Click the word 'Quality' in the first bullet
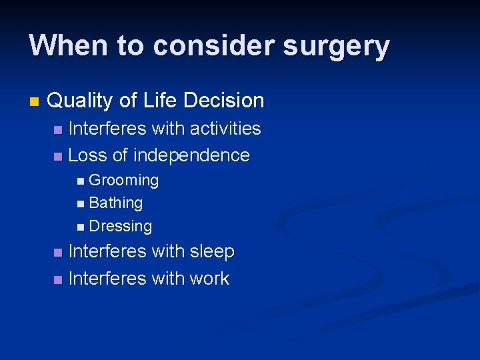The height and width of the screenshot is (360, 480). coord(81,101)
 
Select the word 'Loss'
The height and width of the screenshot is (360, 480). coord(88,155)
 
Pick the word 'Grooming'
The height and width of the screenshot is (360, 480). coord(123,180)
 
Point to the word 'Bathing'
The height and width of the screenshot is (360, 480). coord(115,203)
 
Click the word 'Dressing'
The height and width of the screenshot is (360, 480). coord(120,226)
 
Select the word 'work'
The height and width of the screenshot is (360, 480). coord(209,279)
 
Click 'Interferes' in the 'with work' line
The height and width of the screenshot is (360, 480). coord(108,279)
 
